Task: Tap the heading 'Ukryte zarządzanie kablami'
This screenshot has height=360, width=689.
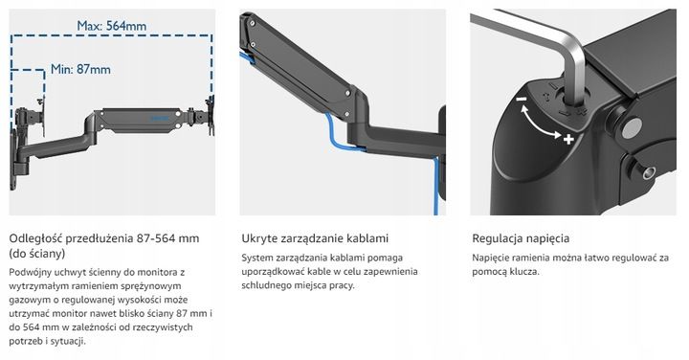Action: tap(315, 238)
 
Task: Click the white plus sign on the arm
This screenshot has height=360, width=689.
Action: tap(569, 140)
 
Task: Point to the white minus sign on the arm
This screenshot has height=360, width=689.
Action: tap(519, 99)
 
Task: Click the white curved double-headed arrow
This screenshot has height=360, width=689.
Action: tap(542, 122)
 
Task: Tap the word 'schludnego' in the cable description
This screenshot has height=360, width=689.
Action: tap(270, 286)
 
